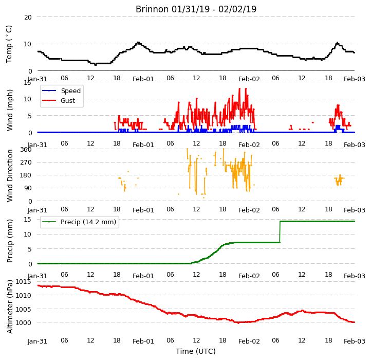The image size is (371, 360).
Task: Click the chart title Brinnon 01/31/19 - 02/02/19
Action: (196, 9)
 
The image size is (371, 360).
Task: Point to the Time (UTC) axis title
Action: (196, 351)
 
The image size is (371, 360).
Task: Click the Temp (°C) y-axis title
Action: (9, 44)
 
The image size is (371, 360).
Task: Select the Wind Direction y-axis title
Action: (10, 175)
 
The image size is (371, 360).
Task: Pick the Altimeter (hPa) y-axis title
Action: (10, 307)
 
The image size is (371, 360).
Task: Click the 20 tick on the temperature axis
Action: (28, 17)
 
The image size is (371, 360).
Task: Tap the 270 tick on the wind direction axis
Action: (26, 163)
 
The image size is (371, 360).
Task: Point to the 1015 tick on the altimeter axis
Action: (24, 282)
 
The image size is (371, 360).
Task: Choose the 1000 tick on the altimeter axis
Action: (24, 322)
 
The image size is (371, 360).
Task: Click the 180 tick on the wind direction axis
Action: (26, 175)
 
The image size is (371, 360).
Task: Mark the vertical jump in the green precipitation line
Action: (280, 232)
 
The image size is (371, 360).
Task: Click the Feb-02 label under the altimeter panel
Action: (249, 341)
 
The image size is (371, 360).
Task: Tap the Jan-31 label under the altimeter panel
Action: (38, 341)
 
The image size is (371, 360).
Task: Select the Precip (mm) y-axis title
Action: (10, 241)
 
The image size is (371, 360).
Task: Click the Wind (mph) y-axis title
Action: (10, 110)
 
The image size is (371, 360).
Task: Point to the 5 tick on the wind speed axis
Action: (30, 116)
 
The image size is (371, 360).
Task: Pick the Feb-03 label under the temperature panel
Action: (354, 79)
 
